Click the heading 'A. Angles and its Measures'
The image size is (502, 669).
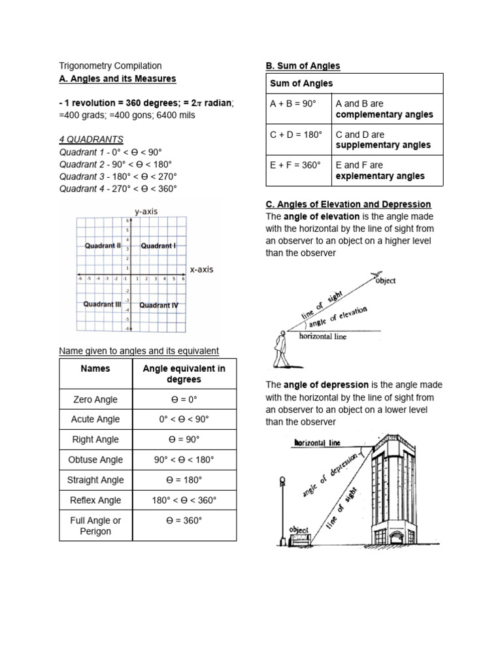click(118, 79)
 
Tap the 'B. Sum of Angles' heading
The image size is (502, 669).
click(303, 66)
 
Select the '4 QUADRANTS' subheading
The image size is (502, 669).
click(91, 139)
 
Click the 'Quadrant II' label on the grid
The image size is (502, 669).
click(103, 246)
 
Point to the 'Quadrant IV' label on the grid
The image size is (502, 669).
click(159, 305)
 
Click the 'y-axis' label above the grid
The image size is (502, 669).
click(146, 212)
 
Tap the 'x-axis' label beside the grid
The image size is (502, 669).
click(201, 269)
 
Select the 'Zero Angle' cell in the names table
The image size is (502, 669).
click(95, 399)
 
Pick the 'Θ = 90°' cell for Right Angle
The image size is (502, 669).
click(184, 440)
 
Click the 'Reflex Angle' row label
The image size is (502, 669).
click(95, 500)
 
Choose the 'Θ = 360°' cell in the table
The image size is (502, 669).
click(184, 521)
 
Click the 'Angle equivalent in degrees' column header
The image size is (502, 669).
click(184, 374)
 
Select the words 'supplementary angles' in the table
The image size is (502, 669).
click(383, 145)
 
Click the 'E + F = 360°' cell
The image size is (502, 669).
click(295, 165)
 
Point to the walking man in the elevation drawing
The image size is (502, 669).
click(280, 350)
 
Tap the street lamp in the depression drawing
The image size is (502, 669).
click(282, 510)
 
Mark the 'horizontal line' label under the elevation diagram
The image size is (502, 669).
click(323, 336)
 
